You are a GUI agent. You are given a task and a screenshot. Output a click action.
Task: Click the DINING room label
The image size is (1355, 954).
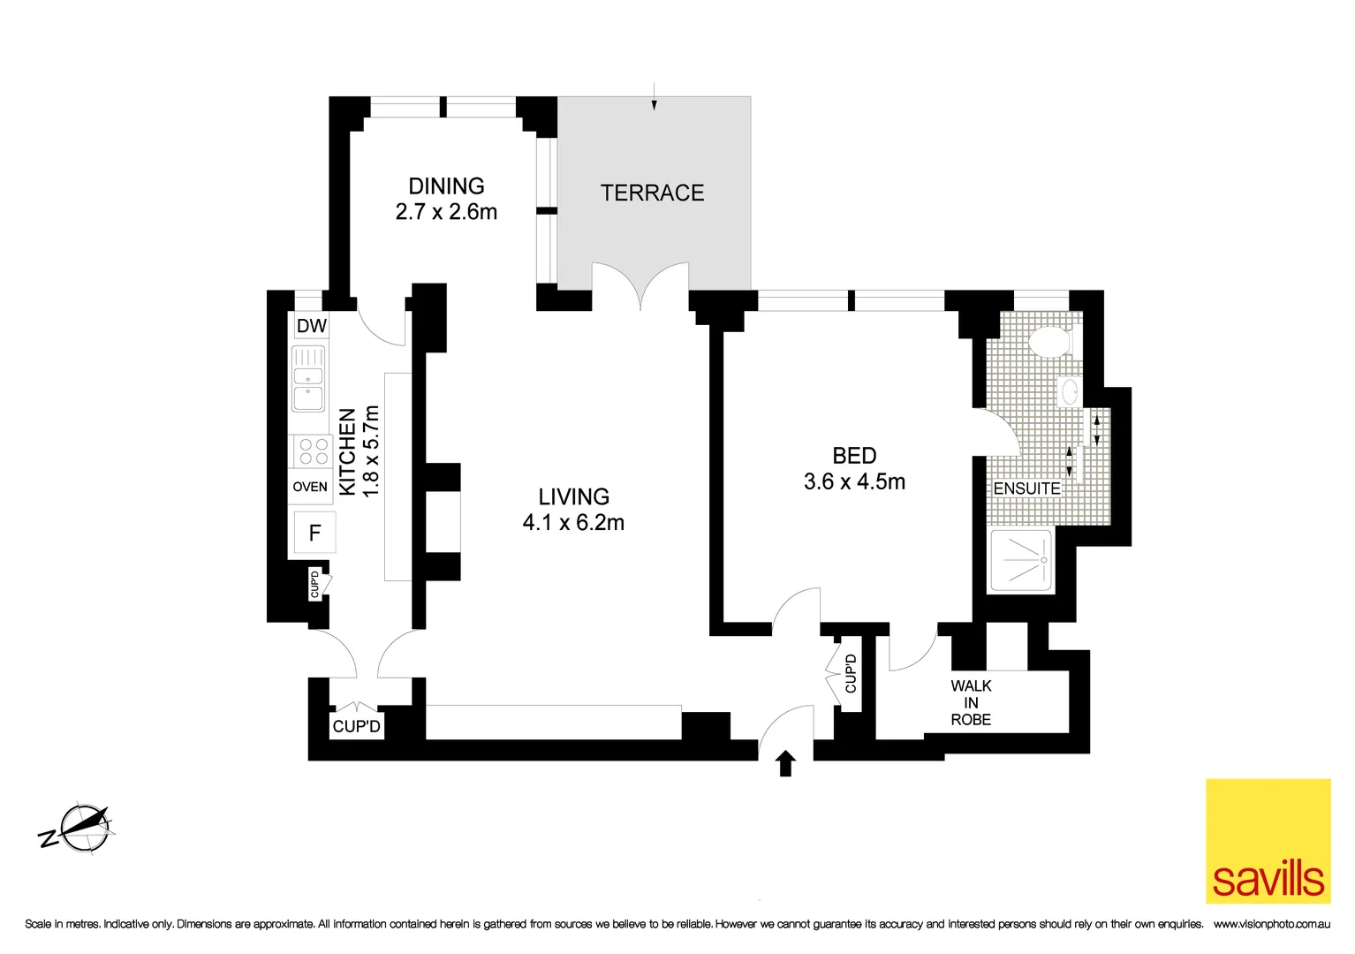pyautogui.click(x=446, y=186)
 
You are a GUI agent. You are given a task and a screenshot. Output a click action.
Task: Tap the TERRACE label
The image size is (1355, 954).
pyautogui.click(x=652, y=193)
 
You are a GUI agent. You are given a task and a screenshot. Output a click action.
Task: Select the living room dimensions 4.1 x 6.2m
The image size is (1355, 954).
pyautogui.click(x=573, y=523)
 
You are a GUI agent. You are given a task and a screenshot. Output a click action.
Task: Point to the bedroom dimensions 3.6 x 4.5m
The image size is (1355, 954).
pyautogui.click(x=854, y=482)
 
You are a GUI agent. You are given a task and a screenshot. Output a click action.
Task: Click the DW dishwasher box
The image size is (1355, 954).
pyautogui.click(x=311, y=326)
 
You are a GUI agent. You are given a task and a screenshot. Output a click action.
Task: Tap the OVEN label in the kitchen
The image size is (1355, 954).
pyautogui.click(x=310, y=487)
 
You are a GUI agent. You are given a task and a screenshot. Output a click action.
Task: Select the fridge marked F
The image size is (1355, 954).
pyautogui.click(x=314, y=533)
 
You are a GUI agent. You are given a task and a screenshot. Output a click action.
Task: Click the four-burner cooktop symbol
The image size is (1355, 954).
pyautogui.click(x=314, y=451)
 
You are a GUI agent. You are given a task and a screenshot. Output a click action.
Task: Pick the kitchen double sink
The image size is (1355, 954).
pyautogui.click(x=308, y=379)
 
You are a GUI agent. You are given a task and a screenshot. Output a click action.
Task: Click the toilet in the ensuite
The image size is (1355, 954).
pyautogui.click(x=1050, y=340)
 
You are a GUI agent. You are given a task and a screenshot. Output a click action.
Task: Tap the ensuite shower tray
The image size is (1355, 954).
pyautogui.click(x=1022, y=560)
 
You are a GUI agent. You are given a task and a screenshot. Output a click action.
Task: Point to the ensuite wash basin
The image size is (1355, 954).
pyautogui.click(x=1069, y=391)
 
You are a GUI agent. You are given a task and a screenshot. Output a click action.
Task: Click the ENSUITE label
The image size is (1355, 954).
pyautogui.click(x=1026, y=488)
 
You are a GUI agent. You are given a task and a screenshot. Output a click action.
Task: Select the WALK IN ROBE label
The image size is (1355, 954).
pyautogui.click(x=971, y=702)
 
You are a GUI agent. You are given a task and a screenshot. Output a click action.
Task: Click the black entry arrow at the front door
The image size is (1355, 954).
pyautogui.click(x=785, y=763)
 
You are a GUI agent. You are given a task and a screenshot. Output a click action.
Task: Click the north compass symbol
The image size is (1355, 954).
pyautogui.click(x=83, y=829)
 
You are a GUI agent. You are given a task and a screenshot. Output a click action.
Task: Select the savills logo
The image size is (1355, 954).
pyautogui.click(x=1268, y=840)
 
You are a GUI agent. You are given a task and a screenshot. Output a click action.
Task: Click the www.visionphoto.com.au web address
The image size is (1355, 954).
pyautogui.click(x=1271, y=924)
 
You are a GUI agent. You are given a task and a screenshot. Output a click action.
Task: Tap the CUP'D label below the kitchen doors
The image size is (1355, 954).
pyautogui.click(x=356, y=726)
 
